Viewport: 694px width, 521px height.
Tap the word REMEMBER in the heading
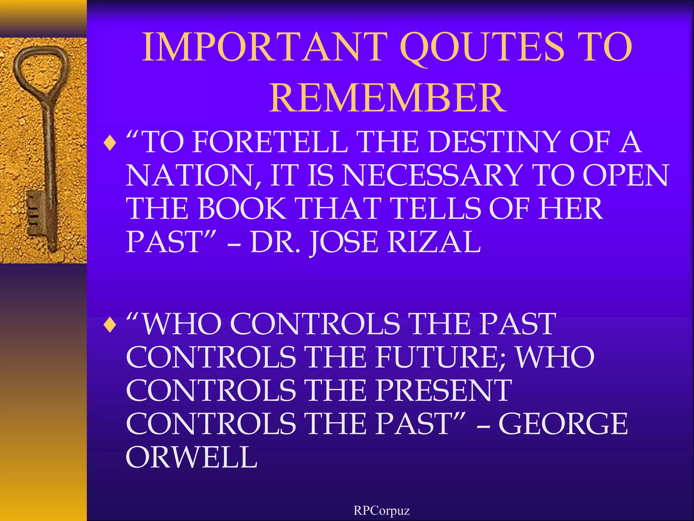click(387, 98)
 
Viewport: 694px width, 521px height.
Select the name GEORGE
click(563, 424)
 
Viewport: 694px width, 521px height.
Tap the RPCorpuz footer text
click(382, 510)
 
